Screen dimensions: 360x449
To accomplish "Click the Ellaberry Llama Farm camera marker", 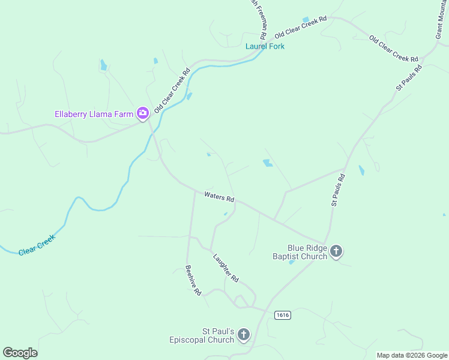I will tap(143, 113).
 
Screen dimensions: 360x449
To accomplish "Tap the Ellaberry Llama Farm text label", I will tap(94, 113).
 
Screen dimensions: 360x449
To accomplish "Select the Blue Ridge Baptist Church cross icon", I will tap(336, 251).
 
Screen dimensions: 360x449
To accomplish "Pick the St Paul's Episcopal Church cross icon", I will tap(244, 335).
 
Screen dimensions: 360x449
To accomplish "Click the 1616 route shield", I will tap(283, 315).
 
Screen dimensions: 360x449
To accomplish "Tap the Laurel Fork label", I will tap(265, 46).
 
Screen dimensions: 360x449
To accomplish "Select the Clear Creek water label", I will tap(37, 245).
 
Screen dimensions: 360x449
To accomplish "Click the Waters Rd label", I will tap(218, 196).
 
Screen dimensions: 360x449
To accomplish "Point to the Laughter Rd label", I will tap(226, 268).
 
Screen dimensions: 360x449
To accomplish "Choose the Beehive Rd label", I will tap(193, 280).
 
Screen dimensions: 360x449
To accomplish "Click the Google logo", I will tap(20, 353).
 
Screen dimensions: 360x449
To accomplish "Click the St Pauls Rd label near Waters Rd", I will tap(339, 190).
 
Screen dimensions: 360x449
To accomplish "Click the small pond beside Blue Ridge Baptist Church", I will tap(292, 262).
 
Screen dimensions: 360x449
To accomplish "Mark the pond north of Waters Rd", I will tap(267, 163).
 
